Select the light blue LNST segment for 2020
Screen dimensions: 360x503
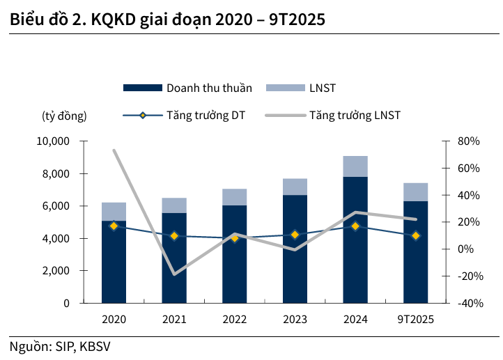tap(114, 212)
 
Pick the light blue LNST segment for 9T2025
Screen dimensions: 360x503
tap(416, 192)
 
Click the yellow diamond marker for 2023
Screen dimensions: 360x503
tap(295, 235)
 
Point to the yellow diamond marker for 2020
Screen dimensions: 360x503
tap(114, 226)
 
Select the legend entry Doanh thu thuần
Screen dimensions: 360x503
tap(187, 88)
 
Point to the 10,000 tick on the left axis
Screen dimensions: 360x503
tap(53, 141)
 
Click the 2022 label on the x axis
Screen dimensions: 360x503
tap(235, 320)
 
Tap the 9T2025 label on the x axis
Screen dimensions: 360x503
tap(416, 320)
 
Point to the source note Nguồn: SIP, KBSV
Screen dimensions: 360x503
tap(60, 347)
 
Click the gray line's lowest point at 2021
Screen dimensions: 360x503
tap(174, 274)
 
